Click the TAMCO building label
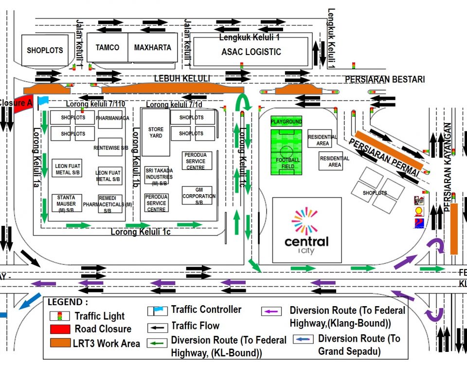click(107, 48)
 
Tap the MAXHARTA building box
click(152, 48)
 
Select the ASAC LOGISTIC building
click(251, 52)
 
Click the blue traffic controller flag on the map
click(43, 101)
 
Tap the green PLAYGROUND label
click(287, 121)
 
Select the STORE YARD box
click(155, 132)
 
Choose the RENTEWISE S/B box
click(109, 147)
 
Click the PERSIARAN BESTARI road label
click(385, 79)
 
